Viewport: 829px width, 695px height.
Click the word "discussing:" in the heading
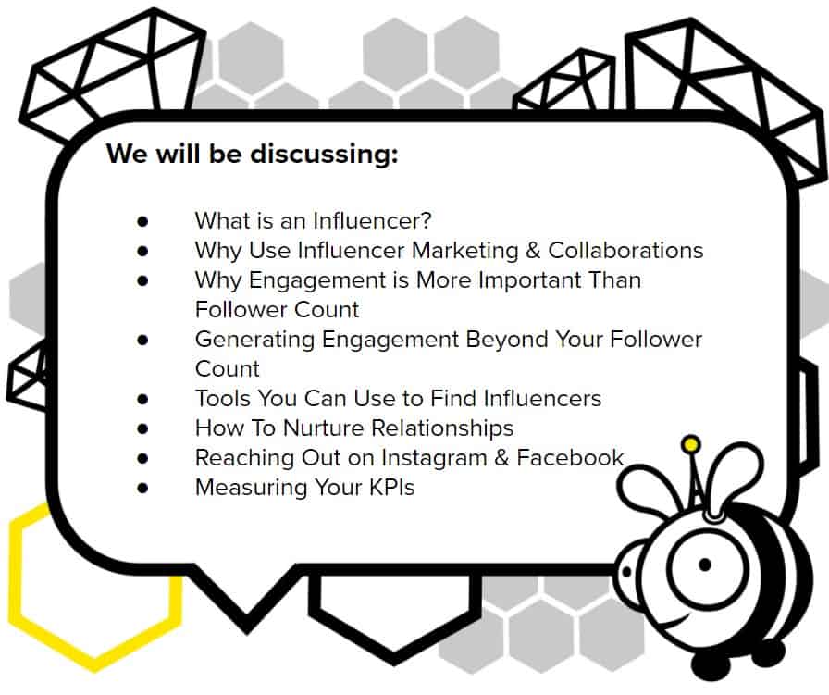coord(324,155)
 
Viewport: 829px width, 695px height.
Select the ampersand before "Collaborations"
coord(533,251)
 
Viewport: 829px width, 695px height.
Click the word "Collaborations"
coord(625,251)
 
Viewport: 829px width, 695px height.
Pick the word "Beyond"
coord(507,340)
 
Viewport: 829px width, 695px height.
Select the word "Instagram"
coord(434,458)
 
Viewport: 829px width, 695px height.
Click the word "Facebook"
coord(570,458)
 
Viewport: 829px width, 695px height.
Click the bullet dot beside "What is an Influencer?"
coord(142,221)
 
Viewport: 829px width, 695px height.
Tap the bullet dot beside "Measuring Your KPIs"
coord(142,489)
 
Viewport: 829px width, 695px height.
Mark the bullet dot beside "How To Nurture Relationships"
coord(142,429)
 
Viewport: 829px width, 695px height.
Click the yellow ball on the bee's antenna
coord(691,444)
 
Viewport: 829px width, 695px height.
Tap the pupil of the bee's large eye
coord(704,565)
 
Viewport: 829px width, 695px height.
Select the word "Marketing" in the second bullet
coord(464,251)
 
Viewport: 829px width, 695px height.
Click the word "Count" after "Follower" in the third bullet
coord(327,310)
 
